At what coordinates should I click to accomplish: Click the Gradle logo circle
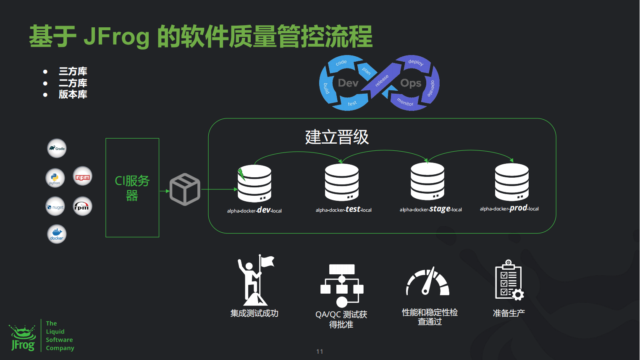tap(57, 148)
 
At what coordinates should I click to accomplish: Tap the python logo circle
tap(55, 178)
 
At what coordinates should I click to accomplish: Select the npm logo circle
tap(83, 176)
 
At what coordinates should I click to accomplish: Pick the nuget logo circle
tap(55, 207)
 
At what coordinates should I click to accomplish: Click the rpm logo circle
tap(82, 206)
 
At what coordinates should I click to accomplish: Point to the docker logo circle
tap(57, 234)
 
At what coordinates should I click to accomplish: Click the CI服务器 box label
tap(132, 188)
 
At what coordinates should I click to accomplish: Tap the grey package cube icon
tap(185, 189)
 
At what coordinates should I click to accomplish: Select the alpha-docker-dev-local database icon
tap(254, 184)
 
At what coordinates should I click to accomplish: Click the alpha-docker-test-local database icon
tap(342, 182)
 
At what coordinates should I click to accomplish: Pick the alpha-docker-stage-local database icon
tap(428, 181)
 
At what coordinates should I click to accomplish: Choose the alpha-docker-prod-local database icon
tap(511, 182)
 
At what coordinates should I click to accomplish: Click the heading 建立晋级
tap(337, 137)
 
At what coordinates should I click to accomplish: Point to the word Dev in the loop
tap(348, 83)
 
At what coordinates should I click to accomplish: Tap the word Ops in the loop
tap(411, 83)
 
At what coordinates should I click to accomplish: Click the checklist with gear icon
tap(509, 280)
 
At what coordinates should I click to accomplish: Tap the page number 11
tap(320, 352)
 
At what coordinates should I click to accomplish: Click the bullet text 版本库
tap(73, 95)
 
